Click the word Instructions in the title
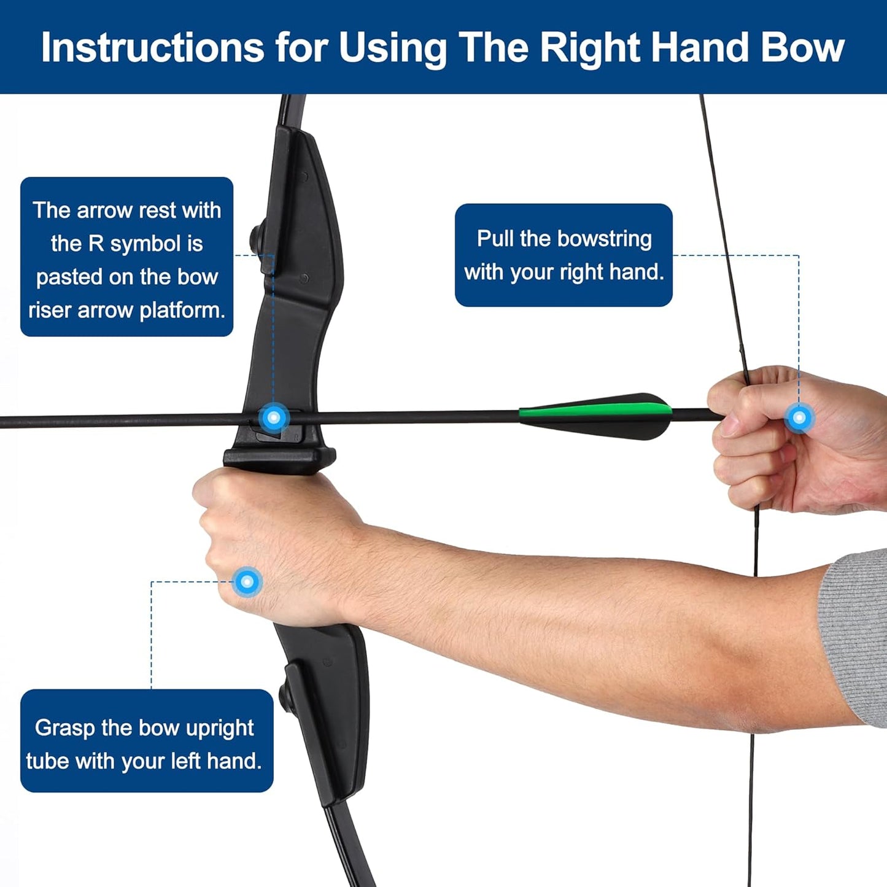152,48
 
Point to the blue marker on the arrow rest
274,418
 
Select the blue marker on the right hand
799,418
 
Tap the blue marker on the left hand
247,581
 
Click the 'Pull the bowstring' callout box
564,255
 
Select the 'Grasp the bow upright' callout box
146,741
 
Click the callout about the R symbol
126,257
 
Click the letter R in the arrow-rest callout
96,244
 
